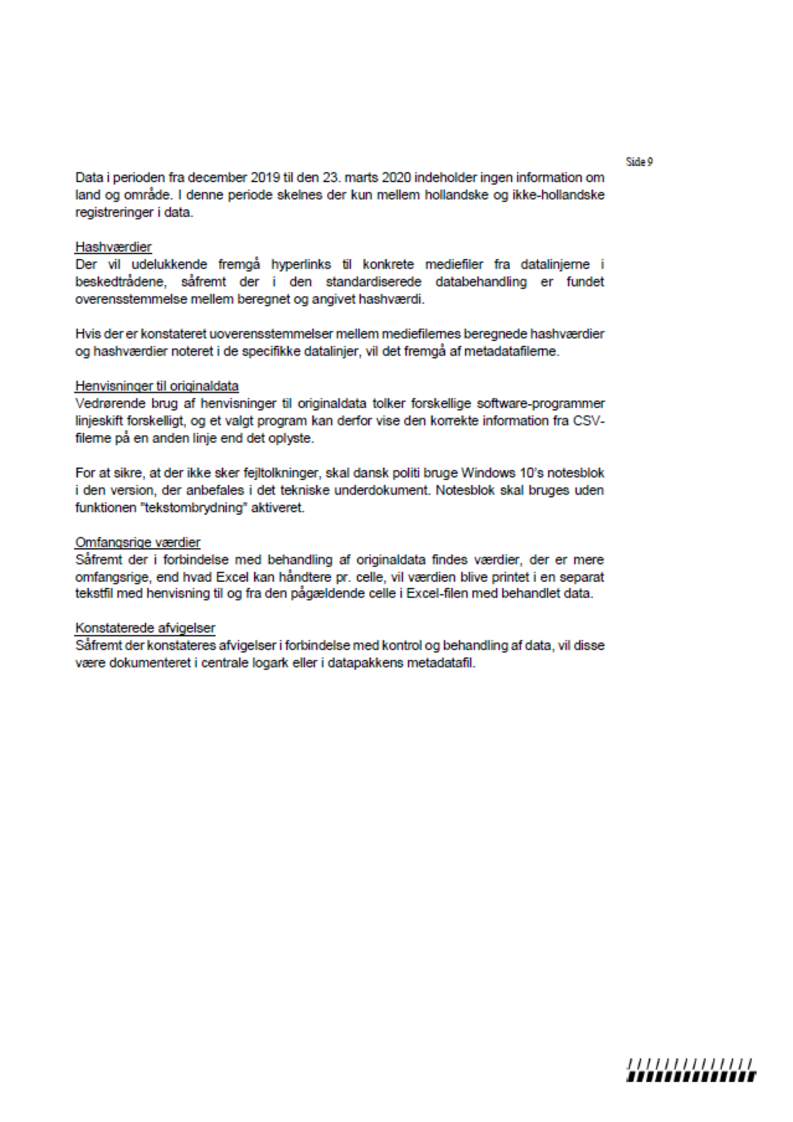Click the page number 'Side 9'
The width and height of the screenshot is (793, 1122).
pos(639,162)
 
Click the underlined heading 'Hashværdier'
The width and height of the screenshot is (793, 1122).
pos(113,247)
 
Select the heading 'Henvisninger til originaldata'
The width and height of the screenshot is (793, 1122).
pos(157,386)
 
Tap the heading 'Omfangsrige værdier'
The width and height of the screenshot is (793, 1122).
pos(138,542)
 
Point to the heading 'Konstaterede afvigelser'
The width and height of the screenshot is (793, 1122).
pos(145,628)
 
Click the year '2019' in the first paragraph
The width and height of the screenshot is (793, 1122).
pos(265,178)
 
